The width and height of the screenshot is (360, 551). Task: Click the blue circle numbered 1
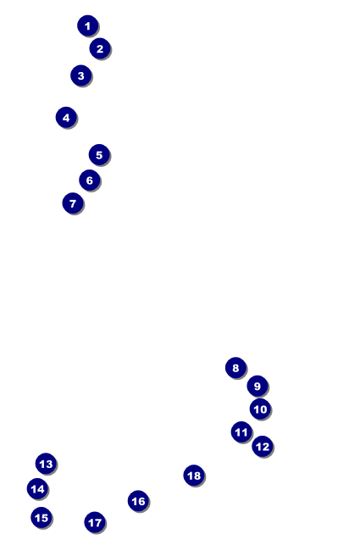pos(87,25)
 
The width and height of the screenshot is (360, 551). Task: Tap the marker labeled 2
pos(100,48)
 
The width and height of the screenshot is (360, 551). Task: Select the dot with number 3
pos(80,75)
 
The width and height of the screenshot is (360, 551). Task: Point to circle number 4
pos(66,117)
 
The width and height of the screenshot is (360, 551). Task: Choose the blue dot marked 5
pos(99,154)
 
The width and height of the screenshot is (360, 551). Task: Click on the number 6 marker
pos(89,180)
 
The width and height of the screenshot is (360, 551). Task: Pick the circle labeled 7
pos(73,203)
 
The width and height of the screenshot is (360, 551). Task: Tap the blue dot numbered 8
pos(235,367)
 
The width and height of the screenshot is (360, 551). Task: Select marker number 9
pos(258,386)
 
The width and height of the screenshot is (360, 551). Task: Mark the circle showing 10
pos(260,409)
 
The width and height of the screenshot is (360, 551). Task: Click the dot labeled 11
pos(241,431)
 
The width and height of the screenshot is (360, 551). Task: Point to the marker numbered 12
pos(262,446)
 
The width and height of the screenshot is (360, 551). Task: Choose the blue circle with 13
pos(46,463)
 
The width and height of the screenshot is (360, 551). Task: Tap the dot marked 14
pos(37,488)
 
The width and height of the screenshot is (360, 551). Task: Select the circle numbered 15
pos(42,517)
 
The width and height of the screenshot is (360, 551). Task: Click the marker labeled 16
pos(138,501)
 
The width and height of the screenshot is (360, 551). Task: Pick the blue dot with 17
pos(95,522)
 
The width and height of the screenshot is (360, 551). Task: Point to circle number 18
pos(194,475)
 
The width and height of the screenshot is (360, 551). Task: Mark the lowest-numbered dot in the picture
pos(87,25)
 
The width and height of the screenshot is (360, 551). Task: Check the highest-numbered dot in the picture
pos(194,475)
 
